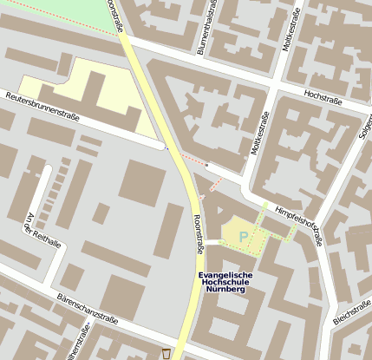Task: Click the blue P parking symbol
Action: point(243,235)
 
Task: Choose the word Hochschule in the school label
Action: point(223,282)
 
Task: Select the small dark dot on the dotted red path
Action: point(206,164)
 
